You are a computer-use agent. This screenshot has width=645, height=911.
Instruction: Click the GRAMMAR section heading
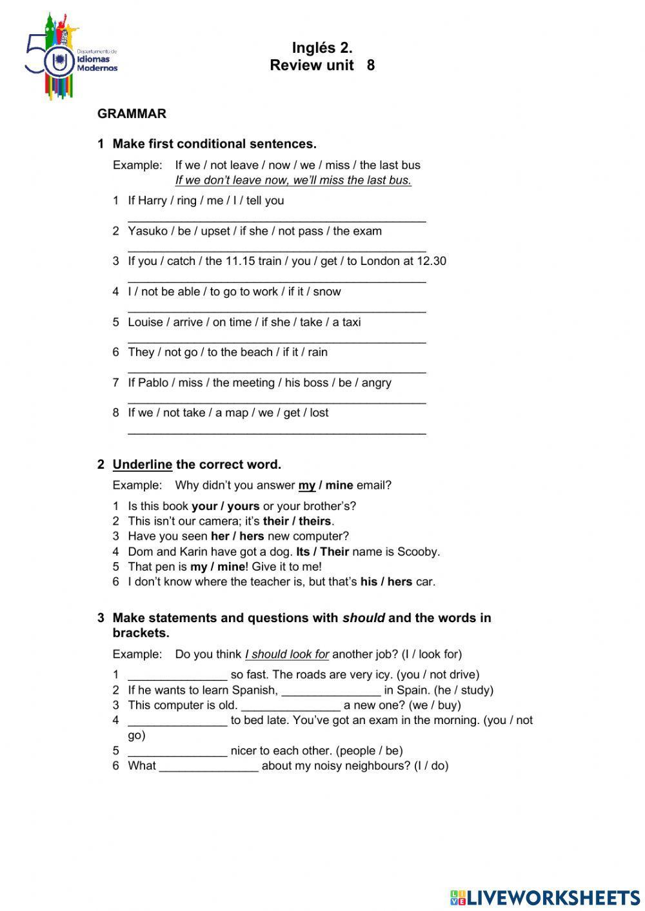point(132,113)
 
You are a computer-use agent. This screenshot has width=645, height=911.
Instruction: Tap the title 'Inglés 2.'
point(322,48)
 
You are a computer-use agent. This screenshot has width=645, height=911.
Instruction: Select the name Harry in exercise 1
point(152,201)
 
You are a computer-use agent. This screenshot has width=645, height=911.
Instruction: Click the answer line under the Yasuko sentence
point(277,250)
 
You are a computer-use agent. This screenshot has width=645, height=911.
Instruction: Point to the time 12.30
point(432,261)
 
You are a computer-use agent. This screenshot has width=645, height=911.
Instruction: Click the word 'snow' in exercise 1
point(327,291)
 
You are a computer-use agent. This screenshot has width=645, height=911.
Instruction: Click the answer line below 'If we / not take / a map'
point(277,433)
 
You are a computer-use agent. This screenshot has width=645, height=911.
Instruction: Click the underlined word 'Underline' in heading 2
point(143,464)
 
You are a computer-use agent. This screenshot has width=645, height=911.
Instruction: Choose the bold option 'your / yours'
point(225,506)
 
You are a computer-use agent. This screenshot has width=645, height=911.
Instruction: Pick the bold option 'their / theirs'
point(297,521)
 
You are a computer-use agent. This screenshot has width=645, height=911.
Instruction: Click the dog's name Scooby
point(417,551)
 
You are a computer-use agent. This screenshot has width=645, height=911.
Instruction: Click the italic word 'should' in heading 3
point(363,618)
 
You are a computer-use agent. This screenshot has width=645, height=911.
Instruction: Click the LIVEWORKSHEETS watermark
point(545,897)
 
